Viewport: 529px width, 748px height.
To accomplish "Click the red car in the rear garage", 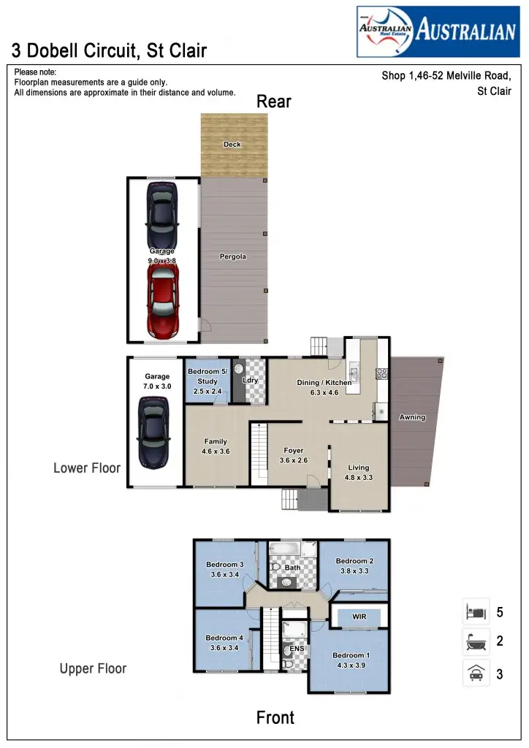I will pyautogui.click(x=163, y=300).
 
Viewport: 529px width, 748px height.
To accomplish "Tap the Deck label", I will pyautogui.click(x=232, y=145).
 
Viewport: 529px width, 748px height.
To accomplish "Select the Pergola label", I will pyautogui.click(x=233, y=256).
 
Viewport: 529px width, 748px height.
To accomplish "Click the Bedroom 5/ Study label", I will pyautogui.click(x=208, y=376).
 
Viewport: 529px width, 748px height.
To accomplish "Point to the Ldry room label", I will pyautogui.click(x=251, y=380).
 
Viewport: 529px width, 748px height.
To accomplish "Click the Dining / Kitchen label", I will pyautogui.click(x=324, y=383).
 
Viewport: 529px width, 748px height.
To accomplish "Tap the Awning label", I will pyautogui.click(x=412, y=418).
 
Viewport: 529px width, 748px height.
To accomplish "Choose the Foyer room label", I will pyautogui.click(x=294, y=451).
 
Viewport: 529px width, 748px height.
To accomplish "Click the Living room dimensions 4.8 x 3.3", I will pyautogui.click(x=359, y=478).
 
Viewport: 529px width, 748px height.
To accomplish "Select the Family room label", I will pyautogui.click(x=216, y=441).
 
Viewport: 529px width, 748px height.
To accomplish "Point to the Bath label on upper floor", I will pyautogui.click(x=292, y=568).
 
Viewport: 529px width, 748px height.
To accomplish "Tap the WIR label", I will pyautogui.click(x=359, y=617).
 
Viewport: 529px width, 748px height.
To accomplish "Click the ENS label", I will pyautogui.click(x=297, y=649).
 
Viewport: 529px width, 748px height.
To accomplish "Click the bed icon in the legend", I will pyautogui.click(x=476, y=612).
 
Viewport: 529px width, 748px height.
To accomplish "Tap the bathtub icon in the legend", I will pyautogui.click(x=476, y=642).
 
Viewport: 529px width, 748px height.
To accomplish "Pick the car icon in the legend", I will pyautogui.click(x=476, y=673).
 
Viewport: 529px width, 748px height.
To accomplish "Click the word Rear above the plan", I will pyautogui.click(x=274, y=102).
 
